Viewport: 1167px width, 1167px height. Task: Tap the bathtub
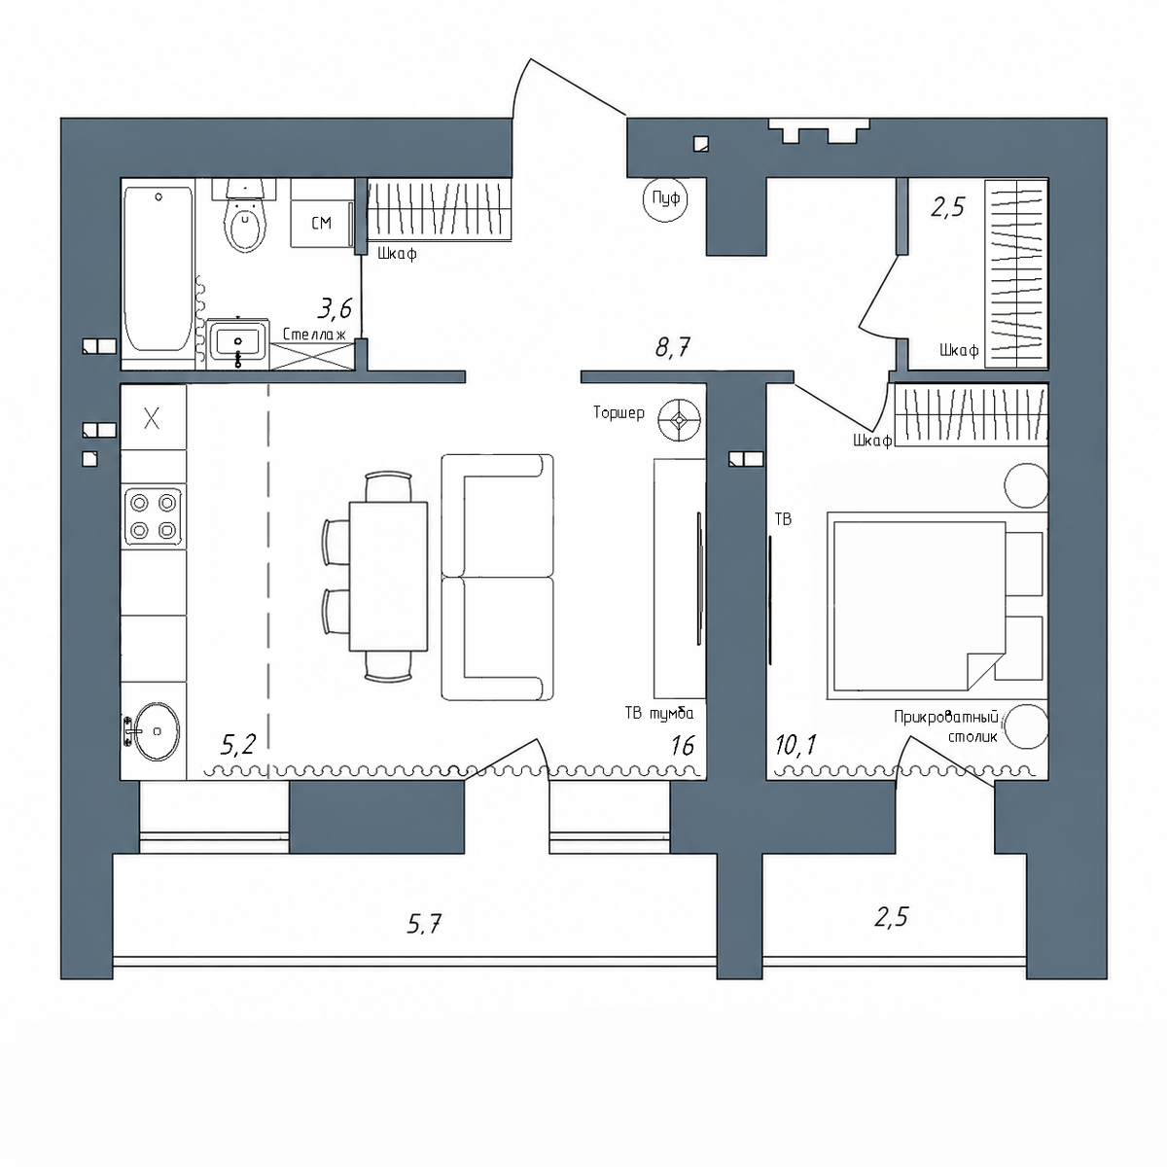(159, 268)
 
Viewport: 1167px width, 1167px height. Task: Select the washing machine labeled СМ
(322, 223)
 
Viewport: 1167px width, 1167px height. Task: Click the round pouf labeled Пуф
(665, 198)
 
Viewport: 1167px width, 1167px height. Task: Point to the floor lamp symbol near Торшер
(680, 420)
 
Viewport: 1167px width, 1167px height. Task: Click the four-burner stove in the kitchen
(154, 516)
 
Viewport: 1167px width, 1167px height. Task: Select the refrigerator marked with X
(154, 418)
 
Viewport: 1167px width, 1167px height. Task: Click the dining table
(388, 576)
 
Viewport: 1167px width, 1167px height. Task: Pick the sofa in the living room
(497, 577)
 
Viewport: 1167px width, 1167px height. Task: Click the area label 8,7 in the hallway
(673, 347)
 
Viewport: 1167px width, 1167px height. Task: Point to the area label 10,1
(796, 745)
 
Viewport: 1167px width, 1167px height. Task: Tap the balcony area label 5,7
(424, 925)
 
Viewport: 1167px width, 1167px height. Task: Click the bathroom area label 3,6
(335, 309)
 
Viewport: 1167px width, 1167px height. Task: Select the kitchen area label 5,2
(238, 745)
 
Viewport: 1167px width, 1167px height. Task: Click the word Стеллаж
(314, 335)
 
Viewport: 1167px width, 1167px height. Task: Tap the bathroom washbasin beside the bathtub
(237, 343)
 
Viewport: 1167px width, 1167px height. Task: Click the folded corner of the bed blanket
(981, 670)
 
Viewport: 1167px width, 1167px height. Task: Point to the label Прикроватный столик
(946, 727)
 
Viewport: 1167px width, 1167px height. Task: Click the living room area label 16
(683, 746)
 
